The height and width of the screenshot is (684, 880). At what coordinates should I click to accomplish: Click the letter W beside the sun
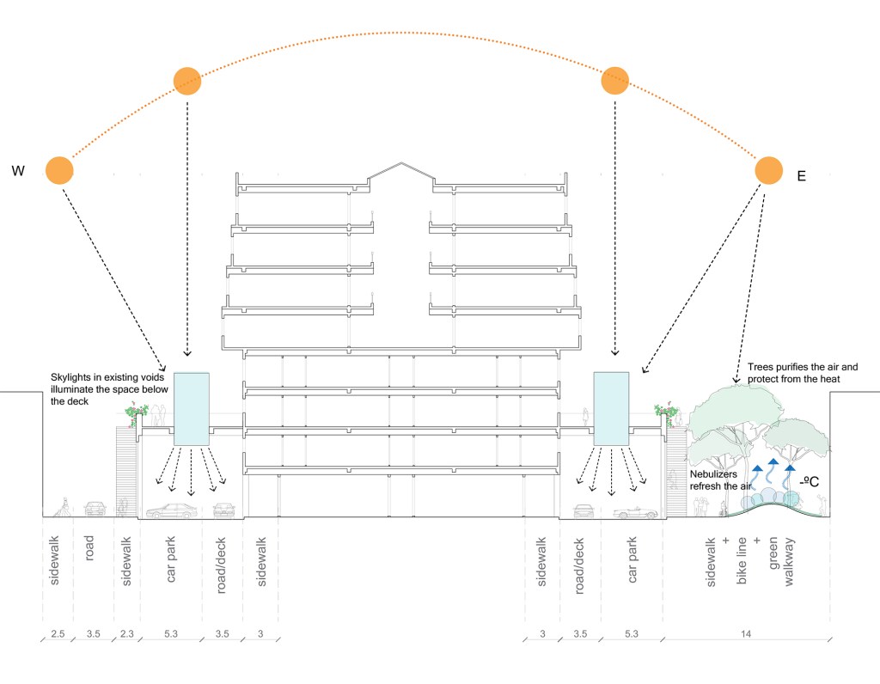click(17, 171)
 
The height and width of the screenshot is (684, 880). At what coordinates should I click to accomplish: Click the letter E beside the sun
click(801, 176)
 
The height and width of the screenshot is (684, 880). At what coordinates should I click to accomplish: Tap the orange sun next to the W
click(59, 170)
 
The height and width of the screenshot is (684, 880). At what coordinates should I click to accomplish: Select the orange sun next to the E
click(768, 170)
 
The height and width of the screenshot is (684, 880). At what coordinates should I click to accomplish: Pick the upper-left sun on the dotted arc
click(187, 81)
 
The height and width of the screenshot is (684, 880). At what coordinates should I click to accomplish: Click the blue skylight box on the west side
click(192, 408)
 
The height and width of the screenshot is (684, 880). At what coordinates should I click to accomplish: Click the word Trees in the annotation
click(761, 367)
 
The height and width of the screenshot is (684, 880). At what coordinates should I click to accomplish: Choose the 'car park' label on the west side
click(170, 563)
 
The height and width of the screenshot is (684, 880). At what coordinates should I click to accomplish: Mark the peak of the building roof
click(400, 162)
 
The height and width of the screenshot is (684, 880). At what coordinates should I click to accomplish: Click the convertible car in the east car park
click(635, 512)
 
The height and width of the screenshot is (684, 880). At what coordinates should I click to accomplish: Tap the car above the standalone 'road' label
click(95, 508)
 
